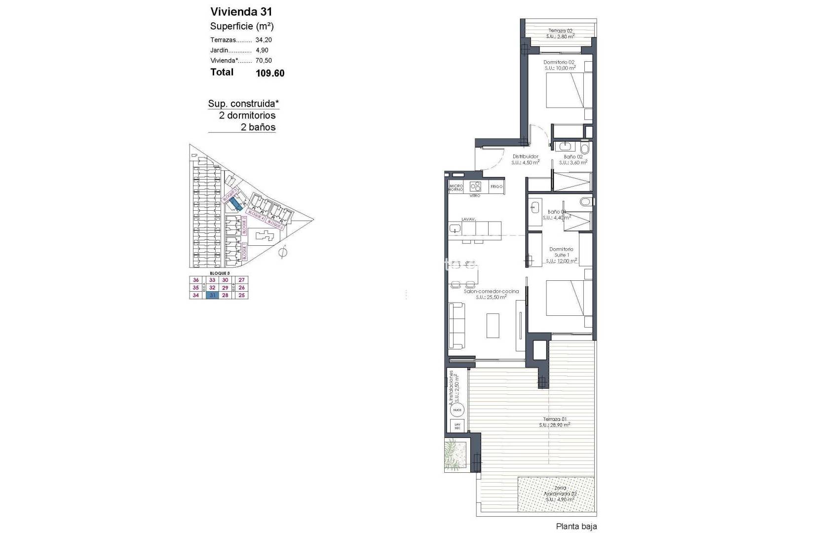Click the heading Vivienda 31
click(241, 12)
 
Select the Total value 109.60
click(270, 74)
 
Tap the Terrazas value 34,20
click(264, 40)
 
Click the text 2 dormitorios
click(247, 115)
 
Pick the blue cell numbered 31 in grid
click(212, 295)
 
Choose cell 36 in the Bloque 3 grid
click(196, 280)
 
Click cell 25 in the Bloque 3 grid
click(241, 295)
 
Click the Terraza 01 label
click(554, 419)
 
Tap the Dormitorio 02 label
click(559, 63)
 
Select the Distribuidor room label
click(525, 156)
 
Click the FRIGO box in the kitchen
click(496, 187)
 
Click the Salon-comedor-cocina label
click(491, 291)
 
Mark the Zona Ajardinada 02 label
click(560, 491)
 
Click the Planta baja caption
click(576, 527)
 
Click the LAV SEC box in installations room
click(457, 426)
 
